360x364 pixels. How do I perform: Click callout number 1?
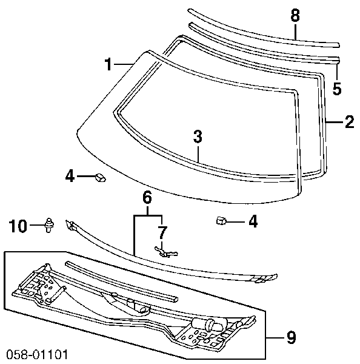click(108, 64)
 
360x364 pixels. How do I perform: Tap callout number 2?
click(349, 122)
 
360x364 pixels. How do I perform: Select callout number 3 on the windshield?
click(198, 136)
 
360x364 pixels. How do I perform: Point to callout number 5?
click(337, 88)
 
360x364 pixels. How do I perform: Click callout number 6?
click(147, 198)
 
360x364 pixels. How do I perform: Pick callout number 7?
click(162, 232)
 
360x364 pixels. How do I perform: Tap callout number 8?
click(295, 16)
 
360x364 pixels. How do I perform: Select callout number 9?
click(291, 337)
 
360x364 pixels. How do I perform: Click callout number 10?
click(18, 226)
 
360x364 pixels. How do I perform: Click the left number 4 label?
click(70, 176)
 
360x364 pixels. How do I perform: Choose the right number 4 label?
click(253, 221)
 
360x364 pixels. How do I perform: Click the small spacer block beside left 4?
click(100, 177)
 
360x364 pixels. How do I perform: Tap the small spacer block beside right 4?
click(221, 221)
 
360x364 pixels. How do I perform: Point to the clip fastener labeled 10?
click(49, 225)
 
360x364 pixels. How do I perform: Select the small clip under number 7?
click(165, 252)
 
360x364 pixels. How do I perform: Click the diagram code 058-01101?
click(38, 354)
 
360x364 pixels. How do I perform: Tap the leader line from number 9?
click(276, 338)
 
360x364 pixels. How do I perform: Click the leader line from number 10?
click(36, 225)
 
